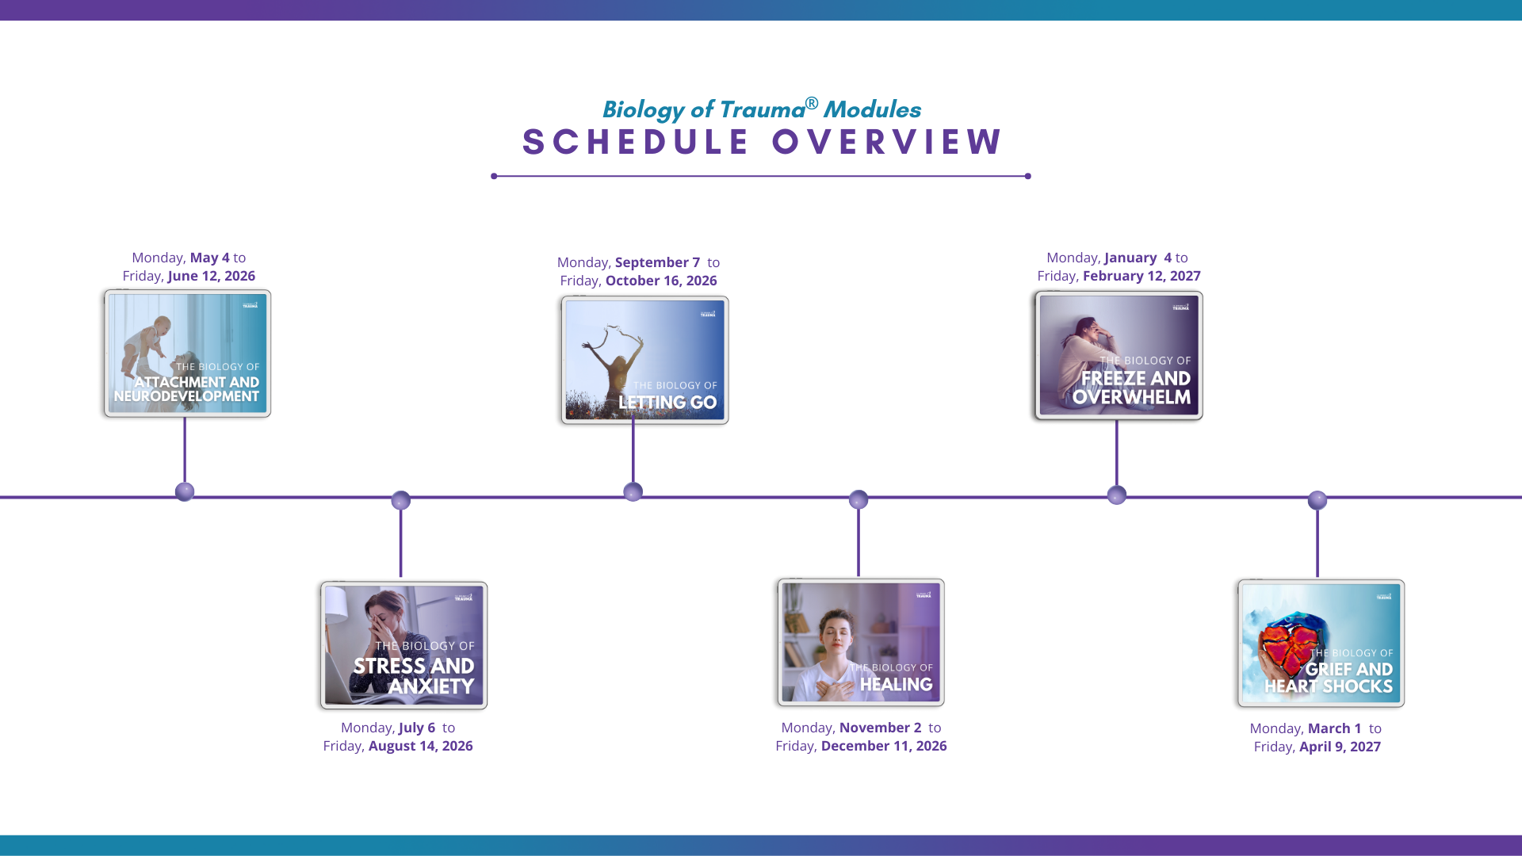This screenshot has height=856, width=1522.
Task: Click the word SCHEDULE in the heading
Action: (635, 143)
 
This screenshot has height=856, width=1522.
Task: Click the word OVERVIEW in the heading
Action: (887, 143)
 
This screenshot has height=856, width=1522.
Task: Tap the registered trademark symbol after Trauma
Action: (812, 103)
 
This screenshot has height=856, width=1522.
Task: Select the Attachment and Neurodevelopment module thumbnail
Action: (187, 353)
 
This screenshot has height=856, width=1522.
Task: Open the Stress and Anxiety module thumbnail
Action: (403, 645)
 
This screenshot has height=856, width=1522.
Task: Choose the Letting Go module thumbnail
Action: (644, 360)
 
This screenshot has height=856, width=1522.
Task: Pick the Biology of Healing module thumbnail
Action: (861, 642)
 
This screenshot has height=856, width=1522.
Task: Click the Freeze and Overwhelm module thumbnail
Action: (1119, 355)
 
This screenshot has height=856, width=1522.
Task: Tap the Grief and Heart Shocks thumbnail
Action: (1321, 644)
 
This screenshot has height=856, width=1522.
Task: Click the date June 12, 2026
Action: (212, 276)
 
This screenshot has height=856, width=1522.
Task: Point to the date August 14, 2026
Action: (420, 746)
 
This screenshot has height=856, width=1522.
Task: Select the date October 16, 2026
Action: (661, 281)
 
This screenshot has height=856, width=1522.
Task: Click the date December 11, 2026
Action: (884, 746)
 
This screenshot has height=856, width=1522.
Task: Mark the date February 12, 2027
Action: (1141, 276)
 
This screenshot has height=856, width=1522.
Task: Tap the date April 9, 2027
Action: (1340, 747)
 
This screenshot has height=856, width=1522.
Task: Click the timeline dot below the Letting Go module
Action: (633, 492)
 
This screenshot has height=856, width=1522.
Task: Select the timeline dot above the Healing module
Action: (859, 499)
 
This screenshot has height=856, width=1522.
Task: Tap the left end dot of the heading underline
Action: (494, 176)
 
